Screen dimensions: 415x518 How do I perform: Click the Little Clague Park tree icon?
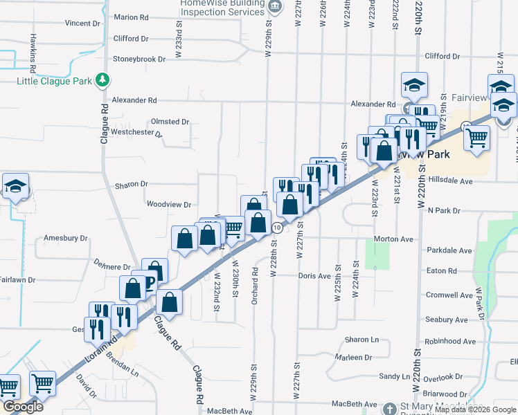[102, 81]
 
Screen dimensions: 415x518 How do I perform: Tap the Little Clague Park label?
[55, 81]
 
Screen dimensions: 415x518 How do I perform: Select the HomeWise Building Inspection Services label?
[222, 8]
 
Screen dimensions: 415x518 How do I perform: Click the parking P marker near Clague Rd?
[148, 282]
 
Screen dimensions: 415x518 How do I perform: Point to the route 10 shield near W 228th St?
[276, 228]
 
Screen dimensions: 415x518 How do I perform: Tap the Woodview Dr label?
[168, 204]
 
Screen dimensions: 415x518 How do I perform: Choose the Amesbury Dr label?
[66, 238]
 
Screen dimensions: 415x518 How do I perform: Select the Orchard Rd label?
[256, 272]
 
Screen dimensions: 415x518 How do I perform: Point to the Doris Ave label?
[314, 275]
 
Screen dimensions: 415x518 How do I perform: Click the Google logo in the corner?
[22, 407]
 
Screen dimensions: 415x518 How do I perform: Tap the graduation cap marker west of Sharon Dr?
[15, 187]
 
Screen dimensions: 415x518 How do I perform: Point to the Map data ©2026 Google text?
[475, 409]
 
